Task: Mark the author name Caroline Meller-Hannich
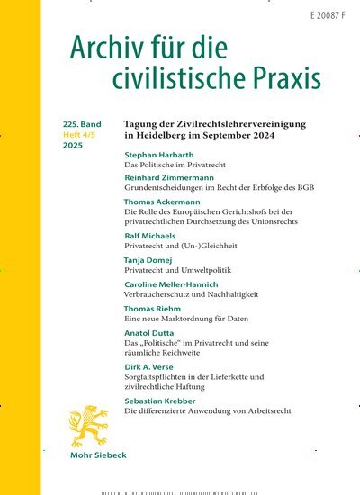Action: click(180, 283)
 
